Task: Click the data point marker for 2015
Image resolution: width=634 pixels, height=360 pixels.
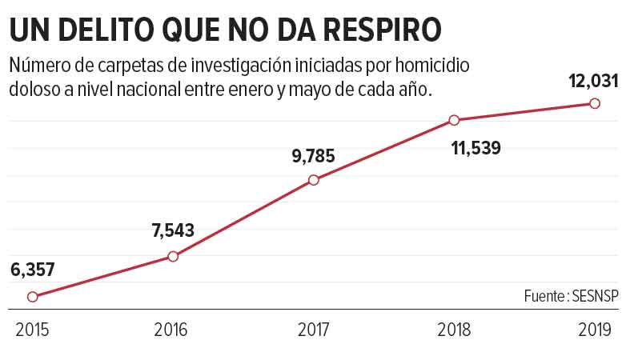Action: pyautogui.click(x=32, y=296)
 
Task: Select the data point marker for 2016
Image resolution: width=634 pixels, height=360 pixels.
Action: pyautogui.click(x=173, y=256)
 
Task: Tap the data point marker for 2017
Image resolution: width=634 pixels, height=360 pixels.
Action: pyautogui.click(x=314, y=180)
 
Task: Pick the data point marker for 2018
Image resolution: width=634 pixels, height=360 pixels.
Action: pyautogui.click(x=454, y=120)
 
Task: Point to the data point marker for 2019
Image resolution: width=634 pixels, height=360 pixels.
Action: pyautogui.click(x=595, y=103)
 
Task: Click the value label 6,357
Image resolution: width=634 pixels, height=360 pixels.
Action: pyautogui.click(x=33, y=270)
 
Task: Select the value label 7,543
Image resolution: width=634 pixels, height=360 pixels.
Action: pyautogui.click(x=173, y=231)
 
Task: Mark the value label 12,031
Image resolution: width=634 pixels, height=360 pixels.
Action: pyautogui.click(x=594, y=81)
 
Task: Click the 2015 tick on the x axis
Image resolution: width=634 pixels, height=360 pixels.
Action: pyautogui.click(x=32, y=329)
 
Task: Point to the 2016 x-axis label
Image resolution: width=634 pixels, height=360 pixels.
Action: pyautogui.click(x=173, y=329)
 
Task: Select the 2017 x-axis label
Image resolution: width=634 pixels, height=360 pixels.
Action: pyautogui.click(x=314, y=329)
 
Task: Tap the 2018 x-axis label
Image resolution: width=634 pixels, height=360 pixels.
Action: pyautogui.click(x=454, y=329)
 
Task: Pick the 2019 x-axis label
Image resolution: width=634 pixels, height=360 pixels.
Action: pyautogui.click(x=595, y=329)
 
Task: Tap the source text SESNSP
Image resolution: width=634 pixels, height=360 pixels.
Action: pyautogui.click(x=596, y=295)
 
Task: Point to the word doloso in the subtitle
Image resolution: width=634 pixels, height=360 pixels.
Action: pyautogui.click(x=33, y=90)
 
